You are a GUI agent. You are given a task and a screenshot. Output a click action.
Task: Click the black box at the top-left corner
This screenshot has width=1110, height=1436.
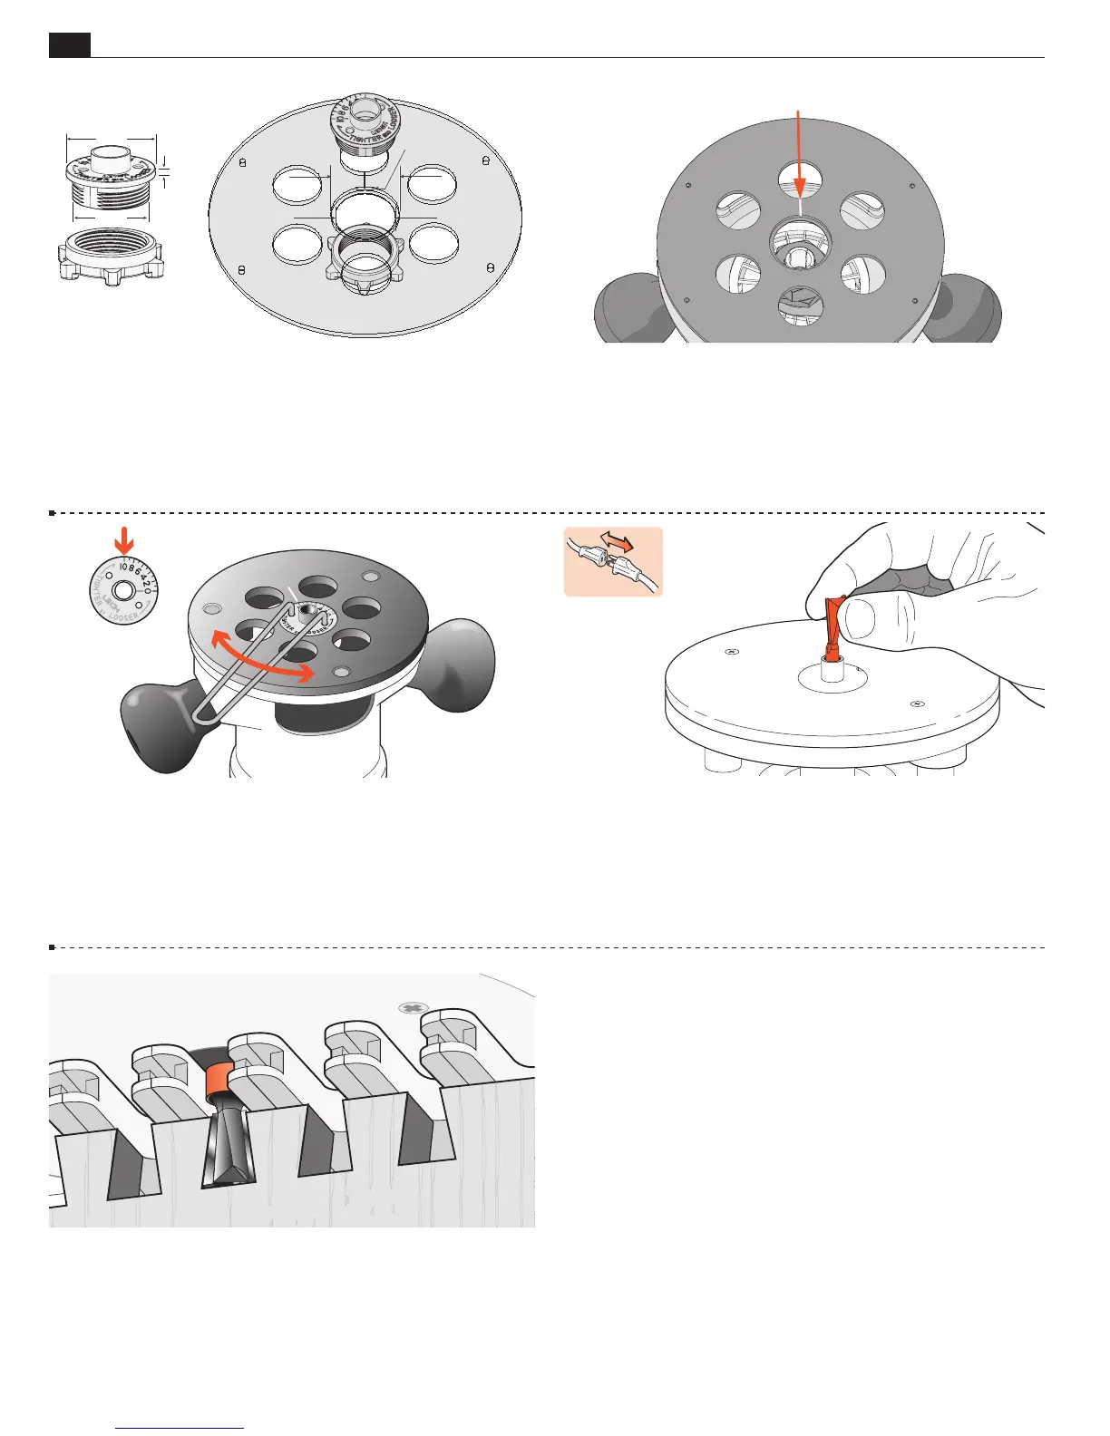[69, 44]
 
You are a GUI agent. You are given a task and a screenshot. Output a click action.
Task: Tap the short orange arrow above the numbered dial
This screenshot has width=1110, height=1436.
[125, 541]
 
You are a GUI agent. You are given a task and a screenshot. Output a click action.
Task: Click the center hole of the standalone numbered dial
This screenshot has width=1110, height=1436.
[126, 590]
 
